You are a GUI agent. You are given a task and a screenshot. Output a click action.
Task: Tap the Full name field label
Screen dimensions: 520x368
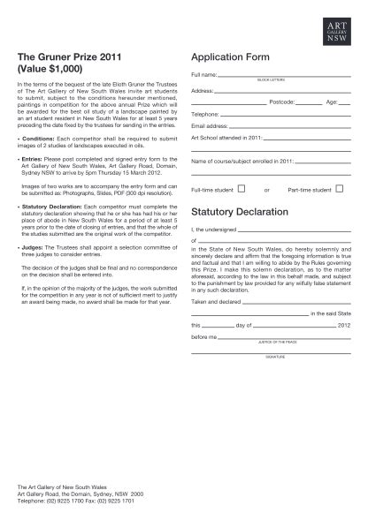[x=203, y=75]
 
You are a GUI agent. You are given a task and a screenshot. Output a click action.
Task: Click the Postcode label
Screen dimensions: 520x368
[x=281, y=102]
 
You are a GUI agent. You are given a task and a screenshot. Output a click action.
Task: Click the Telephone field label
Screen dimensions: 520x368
[x=205, y=115]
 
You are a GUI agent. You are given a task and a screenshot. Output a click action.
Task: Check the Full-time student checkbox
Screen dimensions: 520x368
[x=241, y=188]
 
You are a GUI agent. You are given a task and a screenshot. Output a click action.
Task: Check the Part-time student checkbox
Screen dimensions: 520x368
[x=339, y=188]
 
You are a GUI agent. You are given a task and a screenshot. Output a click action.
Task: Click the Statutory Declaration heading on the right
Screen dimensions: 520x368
[x=239, y=212]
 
